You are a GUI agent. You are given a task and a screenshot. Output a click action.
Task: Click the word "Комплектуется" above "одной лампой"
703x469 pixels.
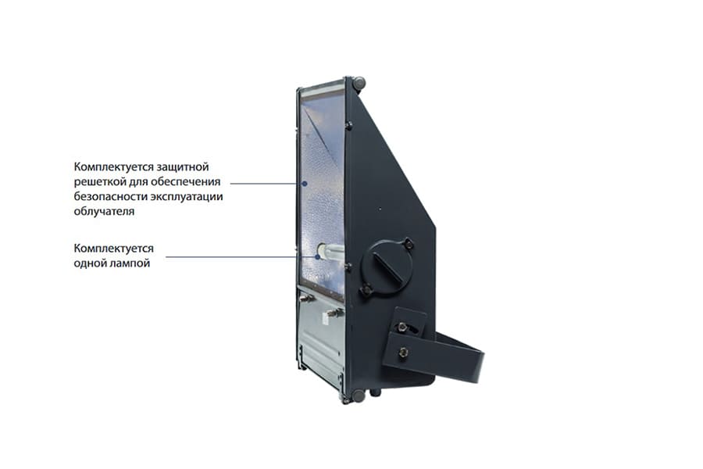[114, 249]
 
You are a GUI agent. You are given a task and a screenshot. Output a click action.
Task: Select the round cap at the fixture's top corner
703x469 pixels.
[359, 82]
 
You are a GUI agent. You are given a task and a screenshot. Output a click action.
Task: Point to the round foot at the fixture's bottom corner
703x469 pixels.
[358, 396]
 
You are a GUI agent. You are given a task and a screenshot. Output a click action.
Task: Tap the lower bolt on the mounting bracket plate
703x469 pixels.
[404, 353]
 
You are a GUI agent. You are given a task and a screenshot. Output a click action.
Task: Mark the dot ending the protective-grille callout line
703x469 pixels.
[305, 183]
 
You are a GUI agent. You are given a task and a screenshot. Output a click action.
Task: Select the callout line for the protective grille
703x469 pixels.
[266, 183]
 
